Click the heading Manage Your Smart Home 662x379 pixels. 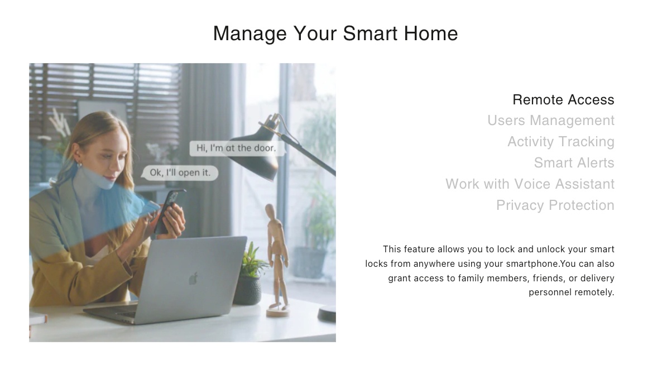[335, 33]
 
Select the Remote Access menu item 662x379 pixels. [563, 100]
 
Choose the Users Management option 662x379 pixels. [550, 121]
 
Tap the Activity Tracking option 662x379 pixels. [560, 142]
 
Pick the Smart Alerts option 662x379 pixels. [574, 163]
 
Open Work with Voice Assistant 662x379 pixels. [530, 184]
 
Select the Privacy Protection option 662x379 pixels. [555, 205]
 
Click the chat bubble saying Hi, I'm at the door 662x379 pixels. [236, 148]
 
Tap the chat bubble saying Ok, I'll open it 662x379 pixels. [180, 173]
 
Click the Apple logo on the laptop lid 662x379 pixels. [193, 278]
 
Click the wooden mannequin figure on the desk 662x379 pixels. [276, 251]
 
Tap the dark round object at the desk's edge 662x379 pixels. [327, 314]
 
